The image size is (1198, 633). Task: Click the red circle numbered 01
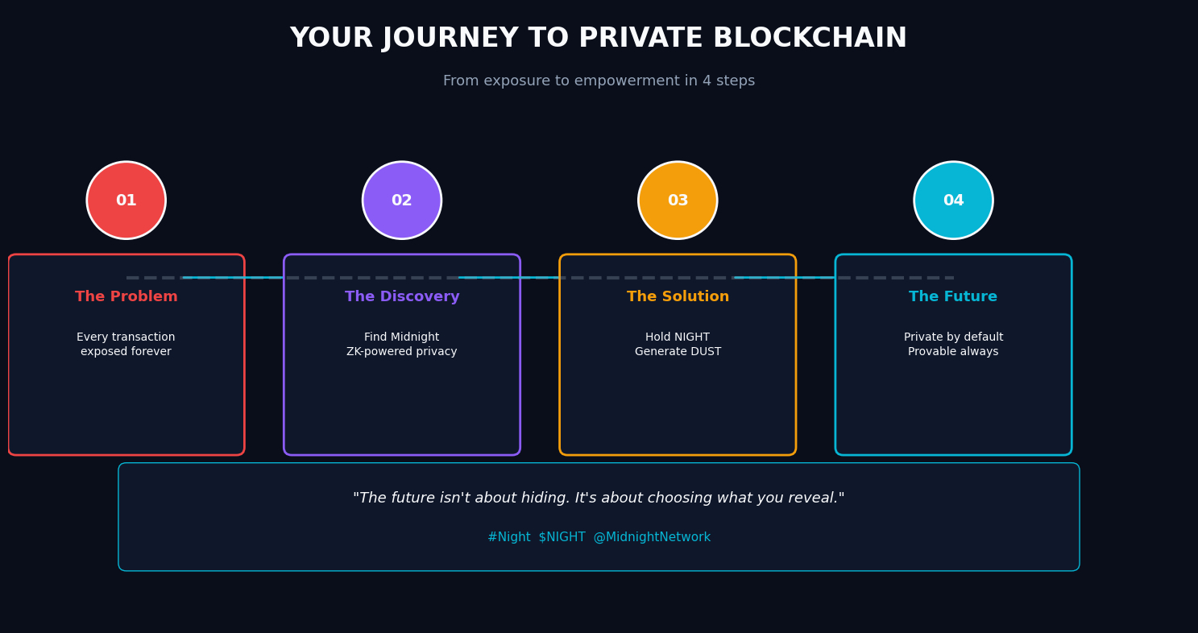[x=126, y=201]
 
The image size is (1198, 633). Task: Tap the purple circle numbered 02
[x=402, y=201]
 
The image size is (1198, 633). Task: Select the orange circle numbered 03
[x=678, y=201]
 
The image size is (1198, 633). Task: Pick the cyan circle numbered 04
[x=953, y=201]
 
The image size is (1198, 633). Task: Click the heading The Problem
[x=126, y=297]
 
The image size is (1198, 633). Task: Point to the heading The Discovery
[x=402, y=297]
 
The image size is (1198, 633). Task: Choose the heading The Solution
[x=678, y=297]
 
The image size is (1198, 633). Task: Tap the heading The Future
[x=953, y=297]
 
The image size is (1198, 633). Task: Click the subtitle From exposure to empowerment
[x=599, y=81]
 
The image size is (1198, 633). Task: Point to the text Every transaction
[x=126, y=337]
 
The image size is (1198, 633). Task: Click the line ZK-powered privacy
[x=402, y=352]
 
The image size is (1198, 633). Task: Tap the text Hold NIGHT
[x=678, y=337]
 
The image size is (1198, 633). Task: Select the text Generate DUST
[x=678, y=352]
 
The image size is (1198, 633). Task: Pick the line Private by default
[x=953, y=337]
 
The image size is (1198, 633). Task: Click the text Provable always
[x=953, y=352]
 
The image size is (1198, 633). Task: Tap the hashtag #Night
[x=508, y=537]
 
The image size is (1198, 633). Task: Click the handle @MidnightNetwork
[x=652, y=537]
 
